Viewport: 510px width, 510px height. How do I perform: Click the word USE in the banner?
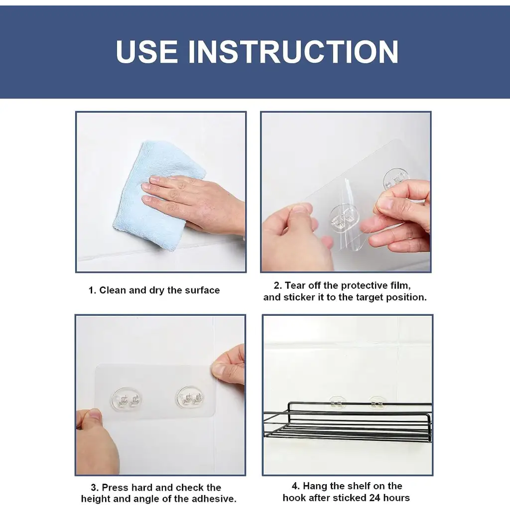(x=146, y=51)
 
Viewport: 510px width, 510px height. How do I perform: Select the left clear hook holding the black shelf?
(x=337, y=402)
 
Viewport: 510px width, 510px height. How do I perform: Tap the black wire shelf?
(x=347, y=421)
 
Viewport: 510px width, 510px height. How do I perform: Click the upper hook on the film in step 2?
(x=395, y=179)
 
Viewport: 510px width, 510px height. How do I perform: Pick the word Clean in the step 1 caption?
(x=113, y=290)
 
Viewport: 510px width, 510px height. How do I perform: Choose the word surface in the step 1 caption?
(x=202, y=290)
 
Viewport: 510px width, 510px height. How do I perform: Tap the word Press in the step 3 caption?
(x=116, y=487)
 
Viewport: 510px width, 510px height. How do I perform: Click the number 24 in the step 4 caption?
(x=376, y=498)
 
